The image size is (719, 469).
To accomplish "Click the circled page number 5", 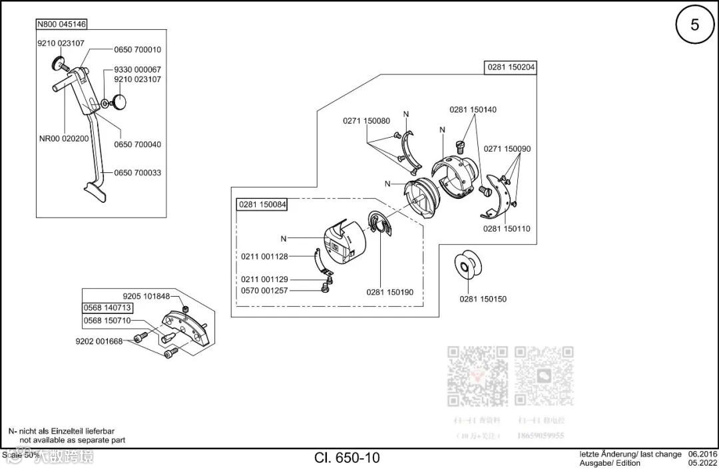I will (694, 25).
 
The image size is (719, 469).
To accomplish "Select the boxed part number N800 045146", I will (61, 25).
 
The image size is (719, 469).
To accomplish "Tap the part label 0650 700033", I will (137, 173).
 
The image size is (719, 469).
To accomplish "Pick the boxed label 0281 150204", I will (511, 67).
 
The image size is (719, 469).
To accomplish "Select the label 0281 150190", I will (389, 291).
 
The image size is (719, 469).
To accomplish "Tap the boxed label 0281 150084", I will (262, 205).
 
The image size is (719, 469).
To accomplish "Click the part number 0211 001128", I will (264, 256).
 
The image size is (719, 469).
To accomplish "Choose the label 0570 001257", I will (264, 291).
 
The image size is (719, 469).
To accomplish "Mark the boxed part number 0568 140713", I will (107, 308).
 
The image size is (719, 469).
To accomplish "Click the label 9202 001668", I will (99, 342).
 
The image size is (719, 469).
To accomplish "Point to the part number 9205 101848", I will (146, 296).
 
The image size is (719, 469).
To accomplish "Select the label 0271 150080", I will (366, 120).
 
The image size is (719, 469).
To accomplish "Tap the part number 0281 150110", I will (507, 229).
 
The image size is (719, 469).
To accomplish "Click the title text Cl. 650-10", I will (347, 458).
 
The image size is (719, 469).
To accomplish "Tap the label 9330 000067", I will (137, 70).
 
